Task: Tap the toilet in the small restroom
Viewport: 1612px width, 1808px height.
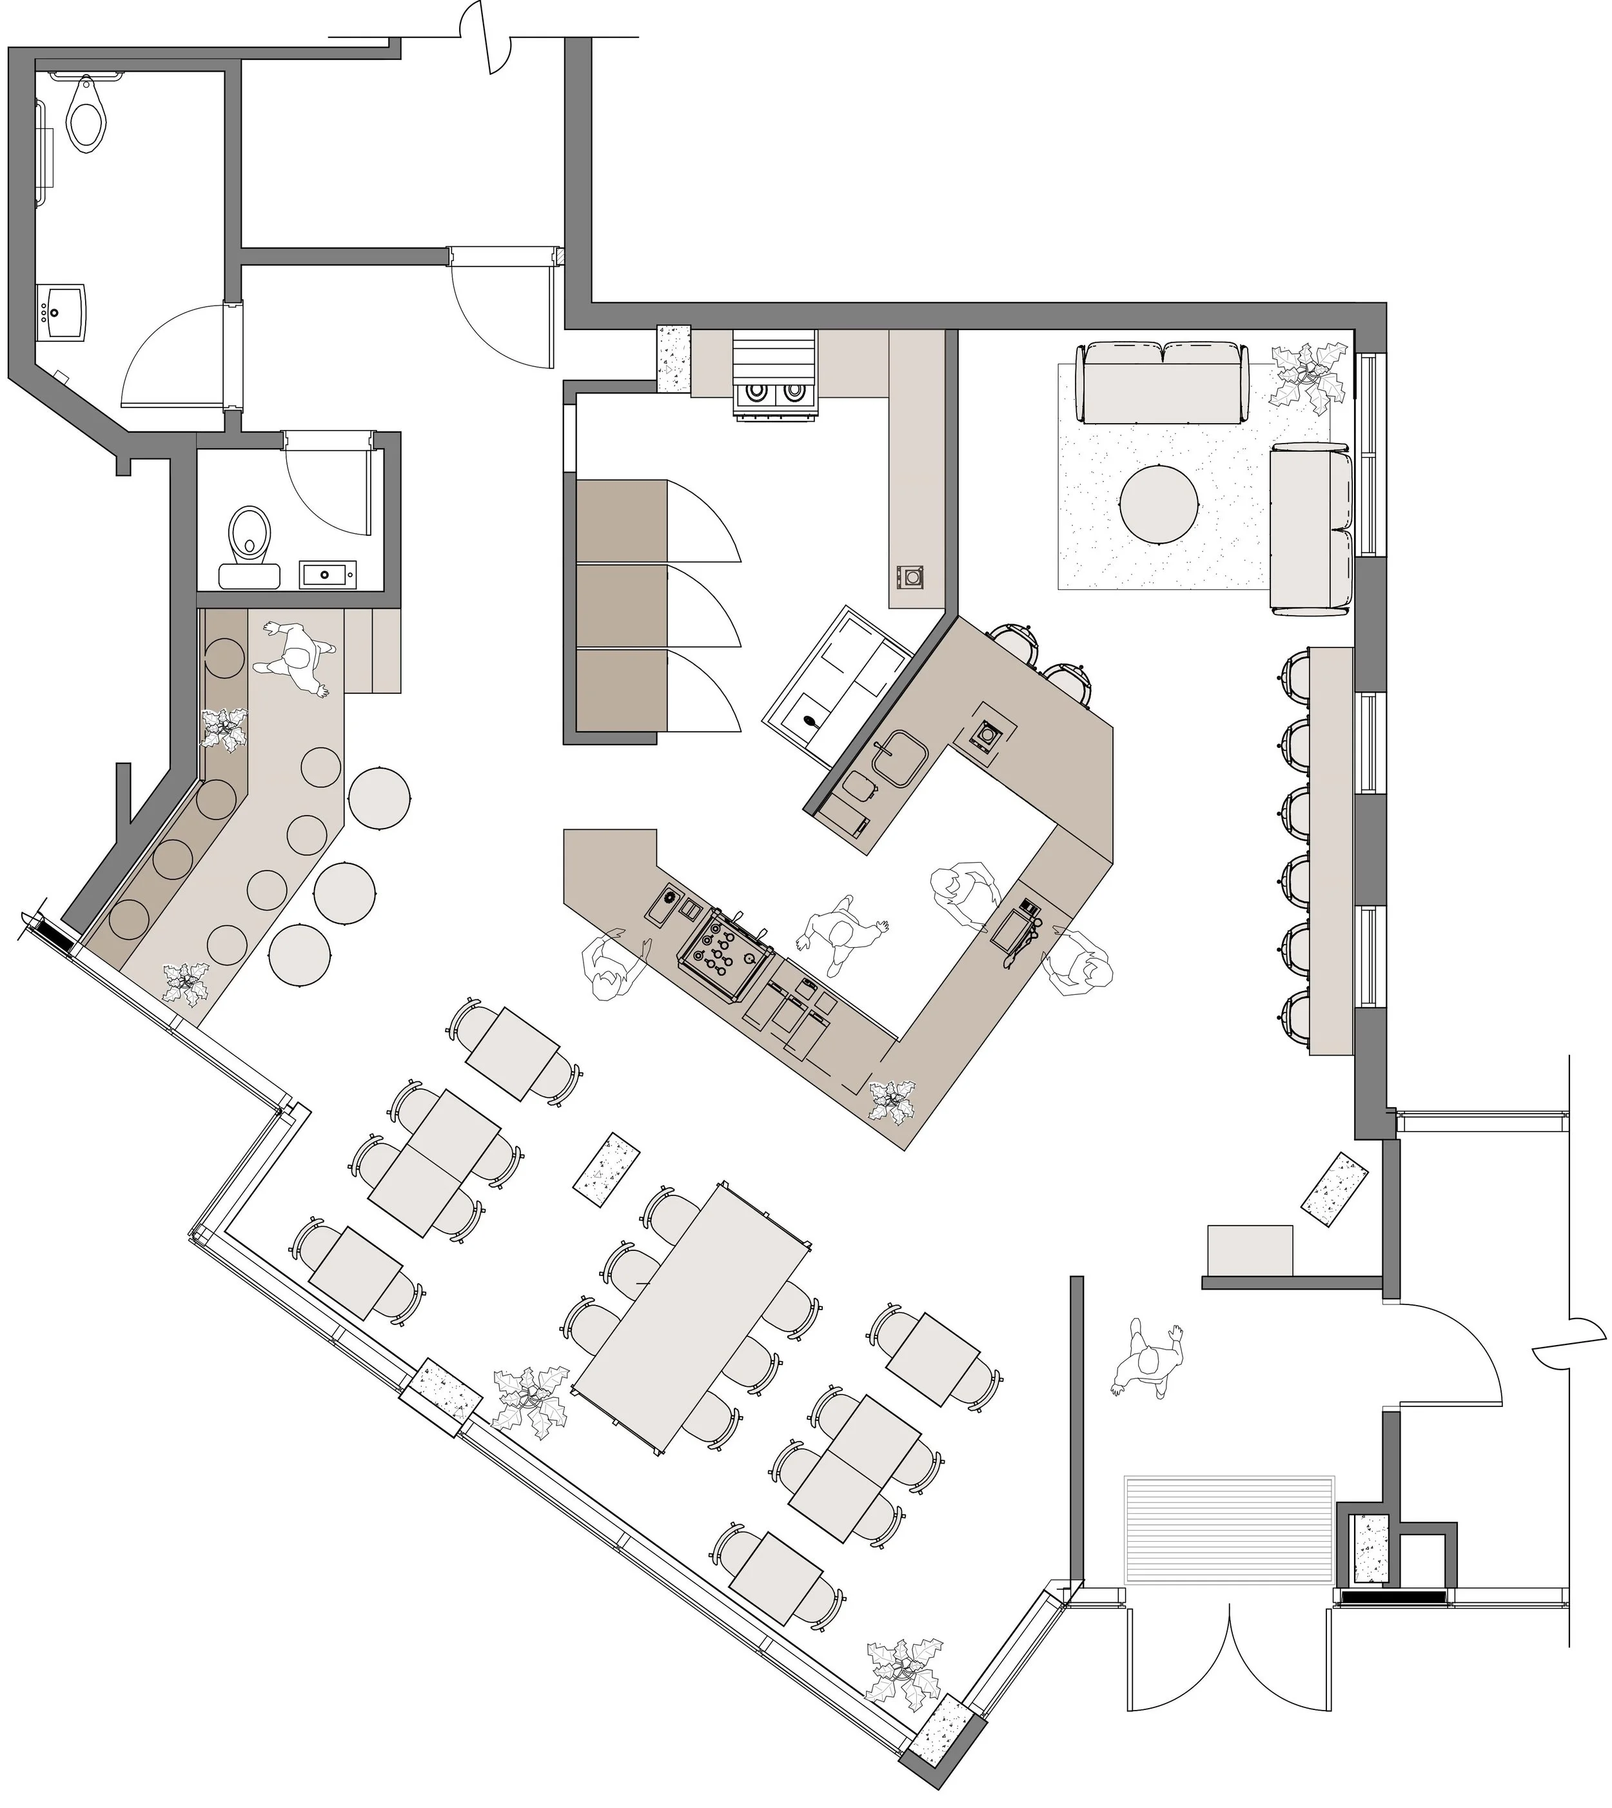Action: click(x=251, y=535)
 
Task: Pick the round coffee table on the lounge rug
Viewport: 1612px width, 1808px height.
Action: click(x=1159, y=504)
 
